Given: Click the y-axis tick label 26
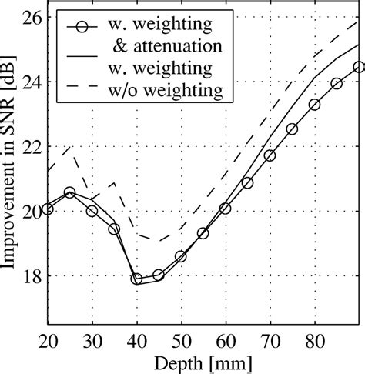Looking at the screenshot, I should coord(31,16).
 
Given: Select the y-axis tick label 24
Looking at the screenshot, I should coord(31,81).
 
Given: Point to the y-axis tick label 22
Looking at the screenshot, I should coord(31,145).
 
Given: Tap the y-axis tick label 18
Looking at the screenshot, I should coord(31,275).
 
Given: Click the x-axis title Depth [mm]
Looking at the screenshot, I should coord(204,362).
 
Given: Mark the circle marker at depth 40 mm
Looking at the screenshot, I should coord(136,279).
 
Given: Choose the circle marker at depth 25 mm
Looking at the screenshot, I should coord(69,192).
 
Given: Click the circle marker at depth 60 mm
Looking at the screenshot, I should coord(226,208).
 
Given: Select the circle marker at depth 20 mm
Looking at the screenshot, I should coord(48,209).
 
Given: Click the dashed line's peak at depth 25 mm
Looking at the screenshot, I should coord(70,146).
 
